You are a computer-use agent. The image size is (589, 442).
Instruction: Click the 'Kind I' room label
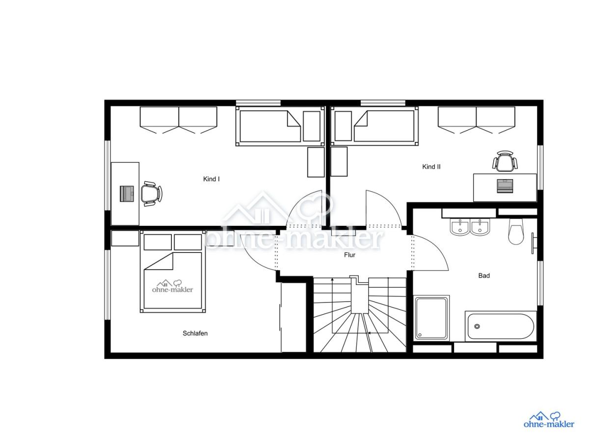pyautogui.click(x=211, y=179)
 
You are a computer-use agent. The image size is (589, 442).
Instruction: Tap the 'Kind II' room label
pyautogui.click(x=431, y=166)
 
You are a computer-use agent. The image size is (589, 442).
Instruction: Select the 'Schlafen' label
pyautogui.click(x=195, y=333)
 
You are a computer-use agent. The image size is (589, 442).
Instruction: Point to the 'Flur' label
pyautogui.click(x=349, y=255)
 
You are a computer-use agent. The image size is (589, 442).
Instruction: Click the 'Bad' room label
pyautogui.click(x=484, y=276)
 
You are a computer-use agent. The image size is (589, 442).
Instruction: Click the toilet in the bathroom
pyautogui.click(x=516, y=231)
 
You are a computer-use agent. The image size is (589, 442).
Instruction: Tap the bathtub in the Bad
pyautogui.click(x=501, y=326)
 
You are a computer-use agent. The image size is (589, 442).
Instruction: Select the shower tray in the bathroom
pyautogui.click(x=431, y=318)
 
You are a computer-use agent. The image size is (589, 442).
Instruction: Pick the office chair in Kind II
pyautogui.click(x=505, y=161)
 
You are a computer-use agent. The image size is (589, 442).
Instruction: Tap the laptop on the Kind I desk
pyautogui.click(x=127, y=193)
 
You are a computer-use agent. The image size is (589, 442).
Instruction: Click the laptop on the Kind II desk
pyautogui.click(x=505, y=186)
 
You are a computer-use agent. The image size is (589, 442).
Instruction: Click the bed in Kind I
pyautogui.click(x=280, y=126)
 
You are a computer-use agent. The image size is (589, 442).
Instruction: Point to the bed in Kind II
pyautogui.click(x=375, y=126)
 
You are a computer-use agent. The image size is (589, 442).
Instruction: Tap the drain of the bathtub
pyautogui.click(x=477, y=326)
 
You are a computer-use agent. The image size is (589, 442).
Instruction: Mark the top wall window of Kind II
pyautogui.click(x=383, y=103)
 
